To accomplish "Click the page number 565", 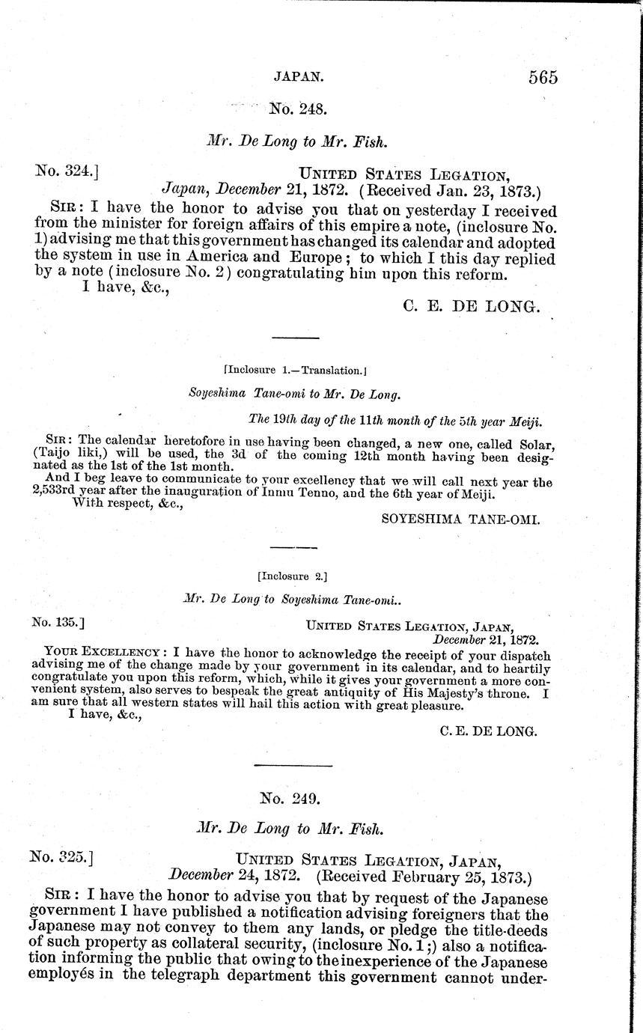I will point(543,78).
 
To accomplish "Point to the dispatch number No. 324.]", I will point(68,171).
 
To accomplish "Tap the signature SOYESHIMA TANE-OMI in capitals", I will point(460,519).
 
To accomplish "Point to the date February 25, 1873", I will point(459,874).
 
